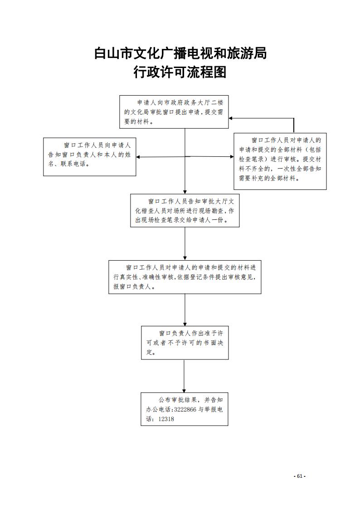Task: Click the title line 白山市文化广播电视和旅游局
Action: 180,53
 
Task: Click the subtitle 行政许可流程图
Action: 180,72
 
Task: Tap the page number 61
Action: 300,476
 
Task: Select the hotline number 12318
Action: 166,419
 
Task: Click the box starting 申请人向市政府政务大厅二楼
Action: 174,112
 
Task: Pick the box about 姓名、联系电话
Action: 90,157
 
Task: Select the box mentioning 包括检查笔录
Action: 280,161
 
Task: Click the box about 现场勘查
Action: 185,210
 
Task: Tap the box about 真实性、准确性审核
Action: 185,277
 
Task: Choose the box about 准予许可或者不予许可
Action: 185,343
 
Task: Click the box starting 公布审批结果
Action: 185,409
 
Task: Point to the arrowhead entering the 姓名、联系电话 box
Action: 138,157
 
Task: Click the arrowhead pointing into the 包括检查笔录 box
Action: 232,156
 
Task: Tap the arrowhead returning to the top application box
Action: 231,118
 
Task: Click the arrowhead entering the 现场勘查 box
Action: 185,192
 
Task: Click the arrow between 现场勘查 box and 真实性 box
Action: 185,243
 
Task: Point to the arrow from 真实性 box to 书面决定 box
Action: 185,310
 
